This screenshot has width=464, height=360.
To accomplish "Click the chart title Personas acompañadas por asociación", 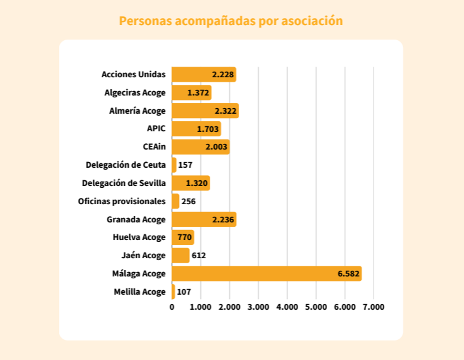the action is (x=231, y=21).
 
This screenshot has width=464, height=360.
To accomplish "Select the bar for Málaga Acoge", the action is (x=267, y=273).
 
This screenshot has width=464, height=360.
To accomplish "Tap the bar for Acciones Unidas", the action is (x=204, y=74).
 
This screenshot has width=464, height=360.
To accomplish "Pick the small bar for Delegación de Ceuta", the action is (x=174, y=165).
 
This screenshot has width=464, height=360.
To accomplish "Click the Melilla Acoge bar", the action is (x=173, y=292).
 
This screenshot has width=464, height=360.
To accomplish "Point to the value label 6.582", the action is (x=348, y=273).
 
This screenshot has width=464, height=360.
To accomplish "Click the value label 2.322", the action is (x=225, y=111).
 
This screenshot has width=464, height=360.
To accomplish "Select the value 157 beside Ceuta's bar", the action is (x=185, y=165).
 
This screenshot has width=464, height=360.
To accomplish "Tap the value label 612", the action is (x=198, y=255).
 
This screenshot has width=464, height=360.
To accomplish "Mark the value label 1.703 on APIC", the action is (x=208, y=129).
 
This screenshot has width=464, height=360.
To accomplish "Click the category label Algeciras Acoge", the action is (x=135, y=92).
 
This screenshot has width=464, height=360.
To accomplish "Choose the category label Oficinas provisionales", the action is (x=122, y=201).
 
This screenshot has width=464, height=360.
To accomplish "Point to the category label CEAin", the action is (x=154, y=147).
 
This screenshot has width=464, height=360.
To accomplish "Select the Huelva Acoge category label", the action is (x=139, y=237).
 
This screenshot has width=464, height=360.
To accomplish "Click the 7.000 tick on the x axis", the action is (x=374, y=307).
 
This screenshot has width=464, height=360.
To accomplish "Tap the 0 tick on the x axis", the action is (x=172, y=307).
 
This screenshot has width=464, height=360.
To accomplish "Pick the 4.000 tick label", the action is (x=287, y=307).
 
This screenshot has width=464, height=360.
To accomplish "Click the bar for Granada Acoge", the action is (x=204, y=219).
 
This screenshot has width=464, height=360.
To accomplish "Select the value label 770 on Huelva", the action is (x=185, y=237).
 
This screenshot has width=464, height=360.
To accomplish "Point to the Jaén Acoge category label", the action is (x=144, y=256).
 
